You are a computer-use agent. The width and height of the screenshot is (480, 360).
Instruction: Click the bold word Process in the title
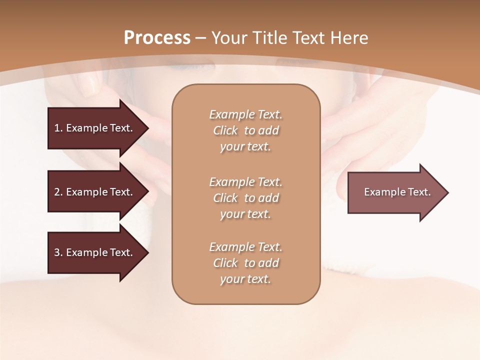(157, 38)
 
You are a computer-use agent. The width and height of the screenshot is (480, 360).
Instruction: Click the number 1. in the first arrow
(58, 128)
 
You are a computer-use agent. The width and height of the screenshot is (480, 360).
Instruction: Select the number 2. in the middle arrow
(58, 192)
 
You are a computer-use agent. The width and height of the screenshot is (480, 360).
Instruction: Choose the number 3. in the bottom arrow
(58, 252)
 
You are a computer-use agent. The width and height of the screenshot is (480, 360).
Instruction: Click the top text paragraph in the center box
(245, 130)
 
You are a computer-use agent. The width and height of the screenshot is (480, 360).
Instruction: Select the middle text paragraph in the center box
(245, 198)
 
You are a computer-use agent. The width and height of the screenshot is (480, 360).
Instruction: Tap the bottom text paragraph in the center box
(245, 263)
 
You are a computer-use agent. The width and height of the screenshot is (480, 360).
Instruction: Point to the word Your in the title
(228, 38)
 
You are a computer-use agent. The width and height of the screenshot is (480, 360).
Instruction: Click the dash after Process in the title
(201, 38)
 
